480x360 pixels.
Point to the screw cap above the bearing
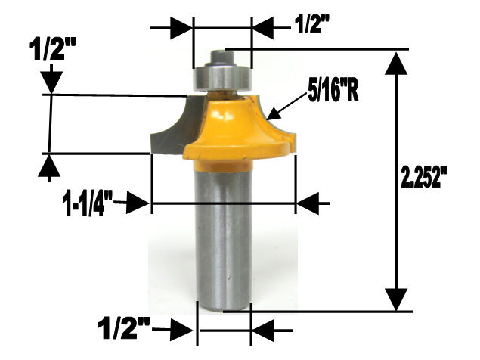(x=224, y=54)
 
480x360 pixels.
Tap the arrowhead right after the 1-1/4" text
(x=138, y=203)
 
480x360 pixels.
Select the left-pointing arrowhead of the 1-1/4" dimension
(x=309, y=203)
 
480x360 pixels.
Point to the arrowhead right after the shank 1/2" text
(x=181, y=331)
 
